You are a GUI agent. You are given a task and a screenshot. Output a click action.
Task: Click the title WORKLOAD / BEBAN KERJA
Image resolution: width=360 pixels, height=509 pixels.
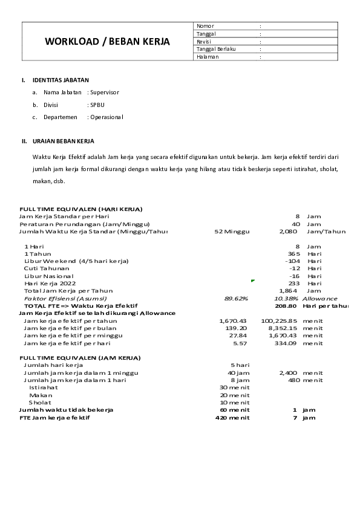(x=107, y=42)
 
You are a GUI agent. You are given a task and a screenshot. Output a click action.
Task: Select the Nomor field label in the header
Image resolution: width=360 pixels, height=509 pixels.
(x=206, y=26)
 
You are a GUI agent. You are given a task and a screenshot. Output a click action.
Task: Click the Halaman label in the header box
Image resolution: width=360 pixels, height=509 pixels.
(x=208, y=57)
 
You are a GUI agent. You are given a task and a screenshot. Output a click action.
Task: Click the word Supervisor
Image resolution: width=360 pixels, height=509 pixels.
(x=105, y=92)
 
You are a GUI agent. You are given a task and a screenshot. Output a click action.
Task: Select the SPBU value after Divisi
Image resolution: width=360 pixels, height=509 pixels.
(x=97, y=105)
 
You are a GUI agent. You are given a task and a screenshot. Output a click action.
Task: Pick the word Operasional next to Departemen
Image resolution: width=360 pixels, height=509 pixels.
(x=106, y=117)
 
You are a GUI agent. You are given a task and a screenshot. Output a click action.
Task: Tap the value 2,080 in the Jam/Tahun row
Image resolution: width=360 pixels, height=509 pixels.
(x=288, y=231)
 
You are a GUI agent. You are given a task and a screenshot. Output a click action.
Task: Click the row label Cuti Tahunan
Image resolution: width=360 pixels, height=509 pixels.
(x=47, y=268)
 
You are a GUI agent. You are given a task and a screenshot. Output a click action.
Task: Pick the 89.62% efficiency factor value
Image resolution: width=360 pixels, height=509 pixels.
(x=235, y=299)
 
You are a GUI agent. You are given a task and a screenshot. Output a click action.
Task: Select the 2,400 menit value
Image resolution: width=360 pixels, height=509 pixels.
(x=288, y=373)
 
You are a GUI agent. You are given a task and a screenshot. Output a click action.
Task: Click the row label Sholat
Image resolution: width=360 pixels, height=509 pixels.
(x=40, y=402)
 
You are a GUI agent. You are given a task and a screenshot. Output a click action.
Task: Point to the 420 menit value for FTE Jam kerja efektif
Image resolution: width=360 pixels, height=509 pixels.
(x=232, y=418)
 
